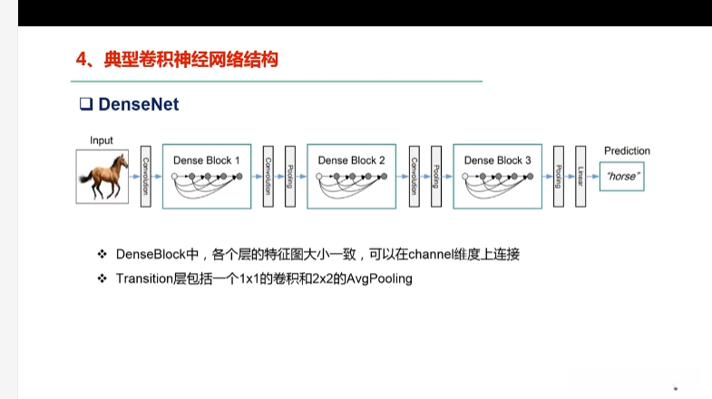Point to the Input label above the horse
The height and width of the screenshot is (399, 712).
(102, 141)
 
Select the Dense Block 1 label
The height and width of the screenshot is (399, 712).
(207, 161)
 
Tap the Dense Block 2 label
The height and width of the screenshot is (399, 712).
(352, 161)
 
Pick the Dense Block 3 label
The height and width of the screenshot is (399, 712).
(498, 161)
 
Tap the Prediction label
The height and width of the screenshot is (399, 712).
(627, 151)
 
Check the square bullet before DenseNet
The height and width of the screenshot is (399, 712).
(87, 104)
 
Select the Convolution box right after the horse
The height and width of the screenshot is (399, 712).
(145, 176)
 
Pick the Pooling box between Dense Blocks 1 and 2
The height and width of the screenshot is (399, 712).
(290, 176)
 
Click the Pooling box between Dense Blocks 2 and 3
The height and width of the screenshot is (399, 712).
(436, 176)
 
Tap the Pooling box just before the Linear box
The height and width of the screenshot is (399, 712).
(558, 176)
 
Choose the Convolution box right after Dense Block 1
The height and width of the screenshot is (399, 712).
(268, 176)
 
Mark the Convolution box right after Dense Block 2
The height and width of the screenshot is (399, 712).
(414, 176)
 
